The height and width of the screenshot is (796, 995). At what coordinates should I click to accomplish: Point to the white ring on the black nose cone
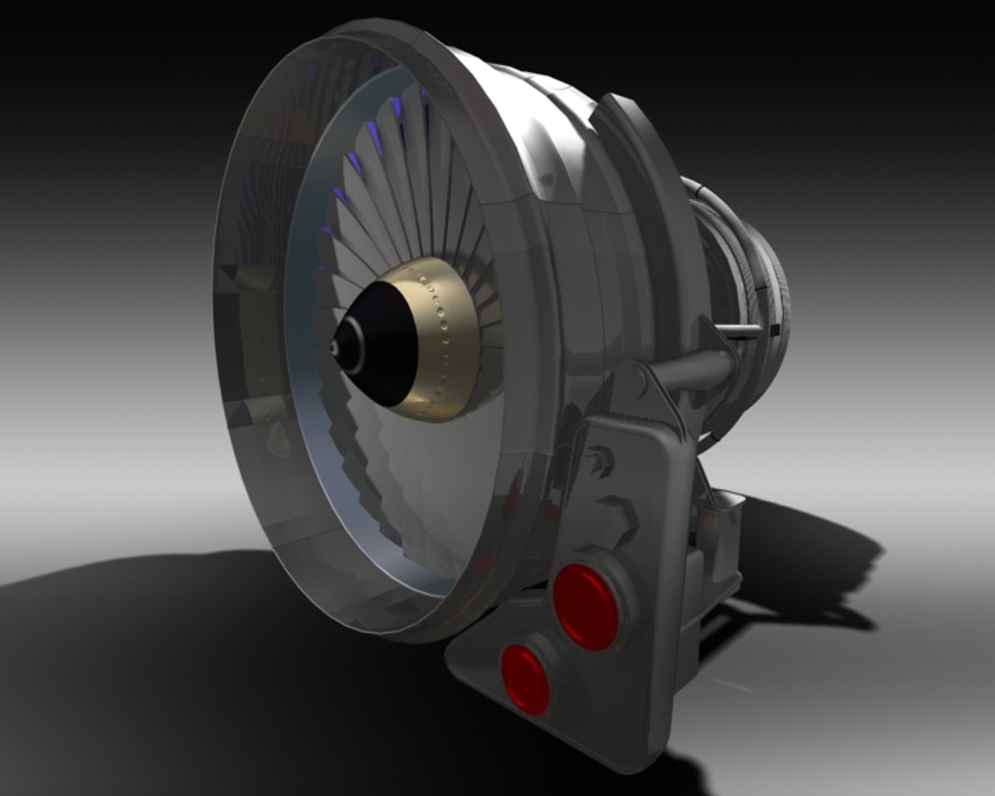[355, 346]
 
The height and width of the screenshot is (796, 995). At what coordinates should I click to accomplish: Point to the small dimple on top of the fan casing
[546, 178]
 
